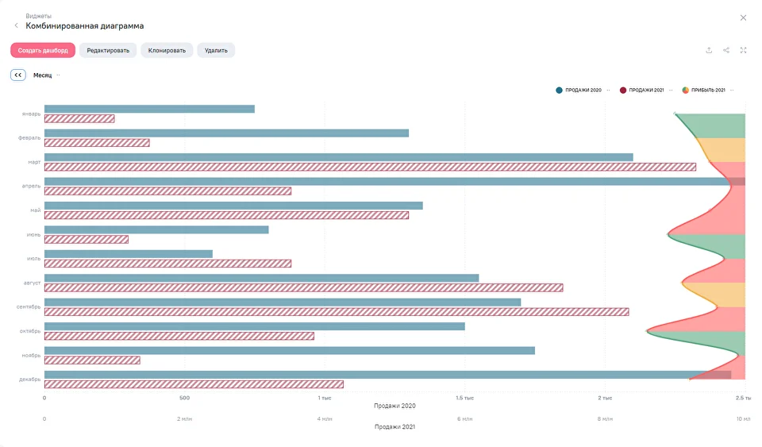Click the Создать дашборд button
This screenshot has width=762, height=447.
pyautogui.click(x=43, y=50)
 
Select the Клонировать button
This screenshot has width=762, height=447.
pyautogui.click(x=167, y=50)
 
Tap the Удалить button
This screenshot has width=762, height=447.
pyautogui.click(x=216, y=50)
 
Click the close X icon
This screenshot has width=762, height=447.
pyautogui.click(x=743, y=17)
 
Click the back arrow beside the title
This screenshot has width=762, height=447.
pyautogui.click(x=17, y=26)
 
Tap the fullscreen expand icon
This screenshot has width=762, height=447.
pyautogui.click(x=744, y=50)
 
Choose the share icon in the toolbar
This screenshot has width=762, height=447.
pyautogui.click(x=726, y=50)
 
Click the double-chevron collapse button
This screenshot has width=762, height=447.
pyautogui.click(x=18, y=75)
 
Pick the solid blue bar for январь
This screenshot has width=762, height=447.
pyautogui.click(x=149, y=109)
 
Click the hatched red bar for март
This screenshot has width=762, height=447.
pyautogui.click(x=370, y=167)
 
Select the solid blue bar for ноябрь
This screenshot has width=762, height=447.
pyautogui.click(x=289, y=350)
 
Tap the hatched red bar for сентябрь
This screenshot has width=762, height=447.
pyautogui.click(x=337, y=312)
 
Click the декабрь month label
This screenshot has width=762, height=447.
pyautogui.click(x=31, y=379)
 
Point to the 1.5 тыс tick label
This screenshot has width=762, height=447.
pyautogui.click(x=464, y=398)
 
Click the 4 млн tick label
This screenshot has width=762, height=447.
pyautogui.click(x=325, y=418)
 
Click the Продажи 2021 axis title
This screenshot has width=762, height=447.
pyautogui.click(x=394, y=426)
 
